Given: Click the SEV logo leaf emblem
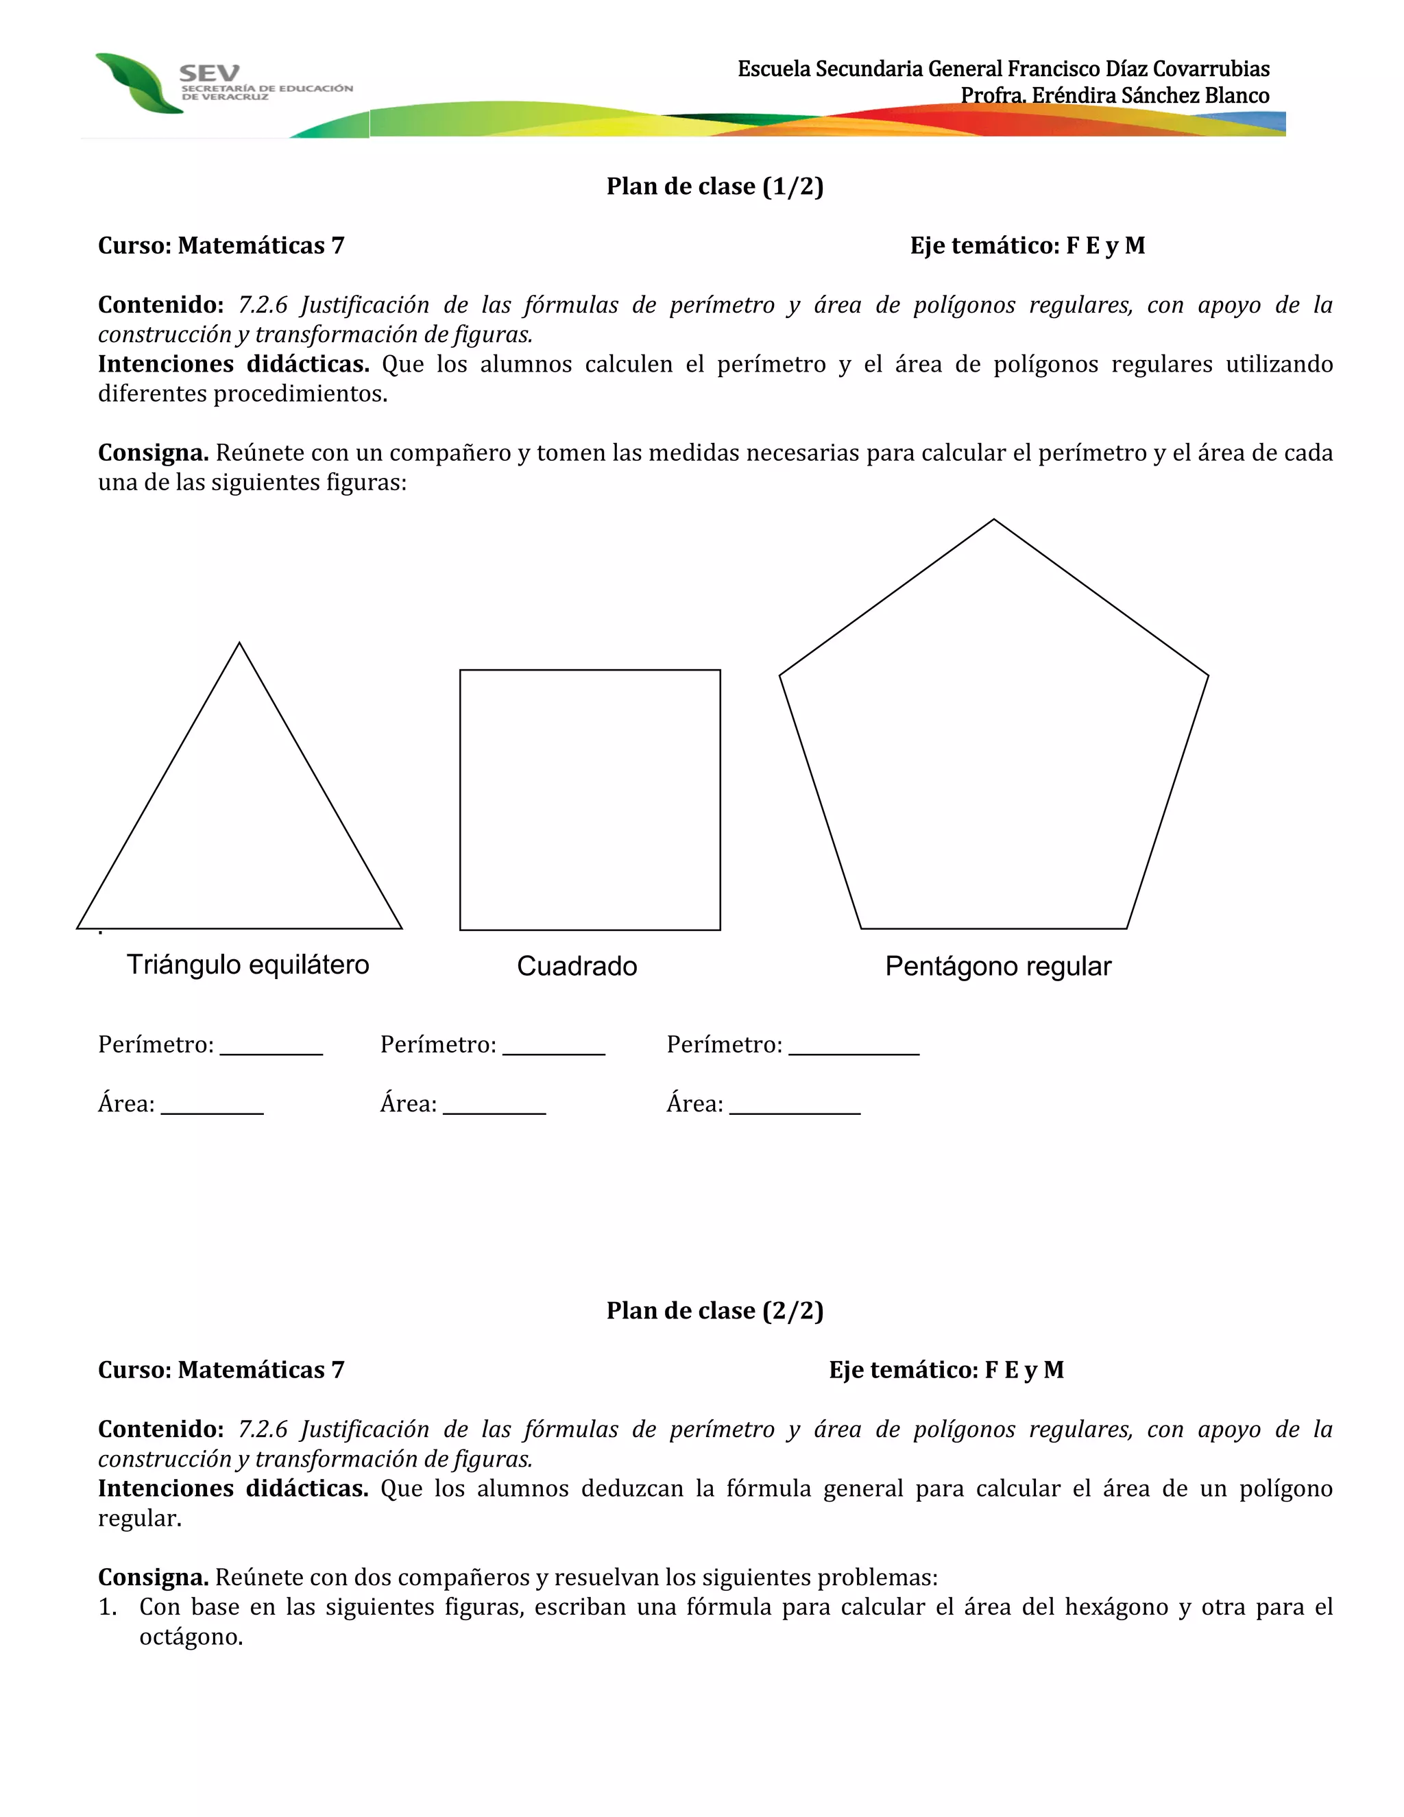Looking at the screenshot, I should tap(137, 83).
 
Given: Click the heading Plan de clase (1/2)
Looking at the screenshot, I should tap(714, 186).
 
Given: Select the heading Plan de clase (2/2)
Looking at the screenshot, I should tap(714, 1310).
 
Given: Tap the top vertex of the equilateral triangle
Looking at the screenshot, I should tap(239, 643).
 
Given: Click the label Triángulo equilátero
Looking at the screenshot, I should tap(248, 965).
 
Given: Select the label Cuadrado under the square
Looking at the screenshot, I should tap(577, 967).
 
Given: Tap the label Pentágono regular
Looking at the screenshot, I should tap(997, 967).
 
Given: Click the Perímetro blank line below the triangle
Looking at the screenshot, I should tap(271, 1052).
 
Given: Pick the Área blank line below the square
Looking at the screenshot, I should tap(494, 1111).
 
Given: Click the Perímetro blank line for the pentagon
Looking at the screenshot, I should tap(854, 1052).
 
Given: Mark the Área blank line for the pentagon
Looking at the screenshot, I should tap(795, 1111).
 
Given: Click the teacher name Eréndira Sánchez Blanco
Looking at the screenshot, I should tap(1150, 96).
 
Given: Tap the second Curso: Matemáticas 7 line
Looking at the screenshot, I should tap(221, 1369).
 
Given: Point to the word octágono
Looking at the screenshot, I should tap(191, 1637).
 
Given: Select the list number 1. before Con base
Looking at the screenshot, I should tap(108, 1607).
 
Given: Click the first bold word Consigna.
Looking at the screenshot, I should tap(153, 453).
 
